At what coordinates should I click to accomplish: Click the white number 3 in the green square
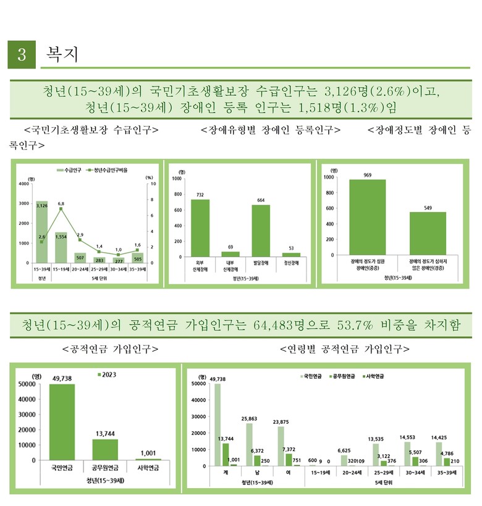click(x=22, y=55)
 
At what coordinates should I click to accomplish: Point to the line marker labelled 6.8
click(x=61, y=209)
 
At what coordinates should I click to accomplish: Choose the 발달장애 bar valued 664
click(x=261, y=230)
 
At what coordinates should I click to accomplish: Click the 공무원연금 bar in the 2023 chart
click(x=104, y=449)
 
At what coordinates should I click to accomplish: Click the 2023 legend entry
click(x=108, y=374)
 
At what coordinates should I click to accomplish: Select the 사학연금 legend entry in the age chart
click(x=370, y=376)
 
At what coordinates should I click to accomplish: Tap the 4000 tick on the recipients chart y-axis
click(x=23, y=184)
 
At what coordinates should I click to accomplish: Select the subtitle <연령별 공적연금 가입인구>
click(x=345, y=348)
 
